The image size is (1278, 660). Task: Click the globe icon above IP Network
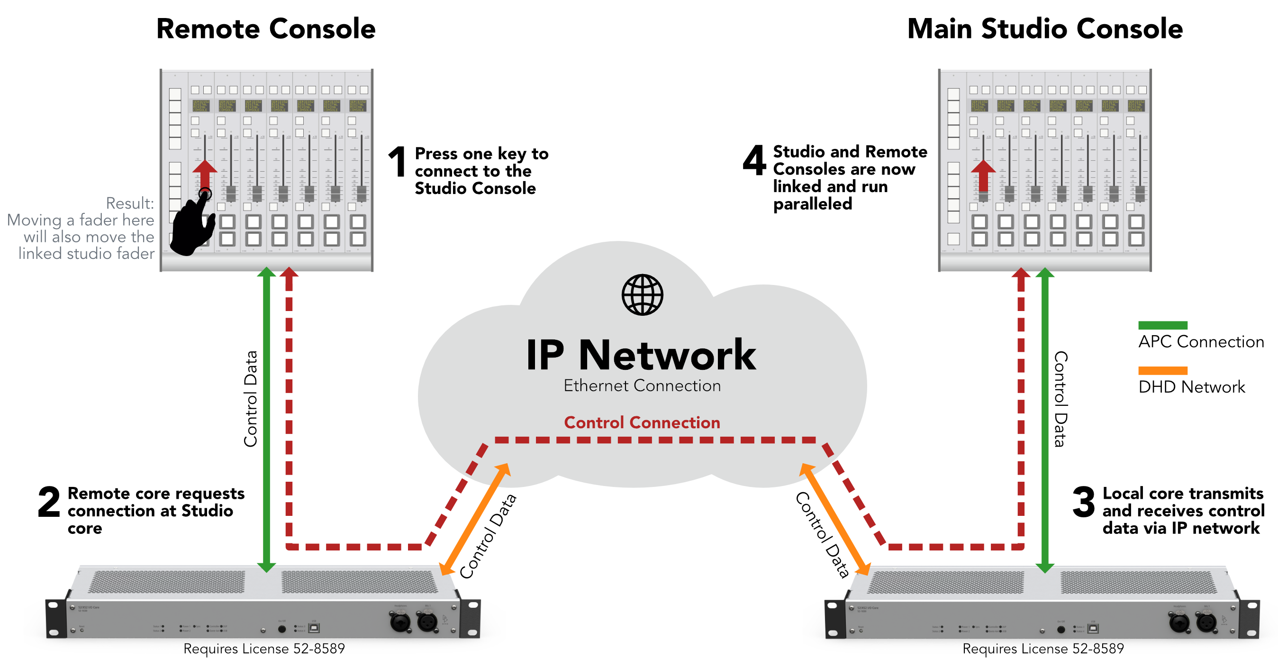642,295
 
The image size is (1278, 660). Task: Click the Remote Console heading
266,29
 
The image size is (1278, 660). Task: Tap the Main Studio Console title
1044,29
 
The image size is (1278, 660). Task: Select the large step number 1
398,162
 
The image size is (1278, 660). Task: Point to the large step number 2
49,502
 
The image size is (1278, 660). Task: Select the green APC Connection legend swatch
1162,326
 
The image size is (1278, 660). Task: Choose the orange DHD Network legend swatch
1162,371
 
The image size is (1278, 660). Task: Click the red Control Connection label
642,422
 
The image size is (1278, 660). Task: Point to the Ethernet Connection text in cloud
642,385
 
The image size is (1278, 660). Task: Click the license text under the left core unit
264,649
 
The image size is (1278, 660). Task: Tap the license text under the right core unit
1043,649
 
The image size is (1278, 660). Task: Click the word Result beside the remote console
130,203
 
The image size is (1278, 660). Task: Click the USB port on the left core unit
314,628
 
